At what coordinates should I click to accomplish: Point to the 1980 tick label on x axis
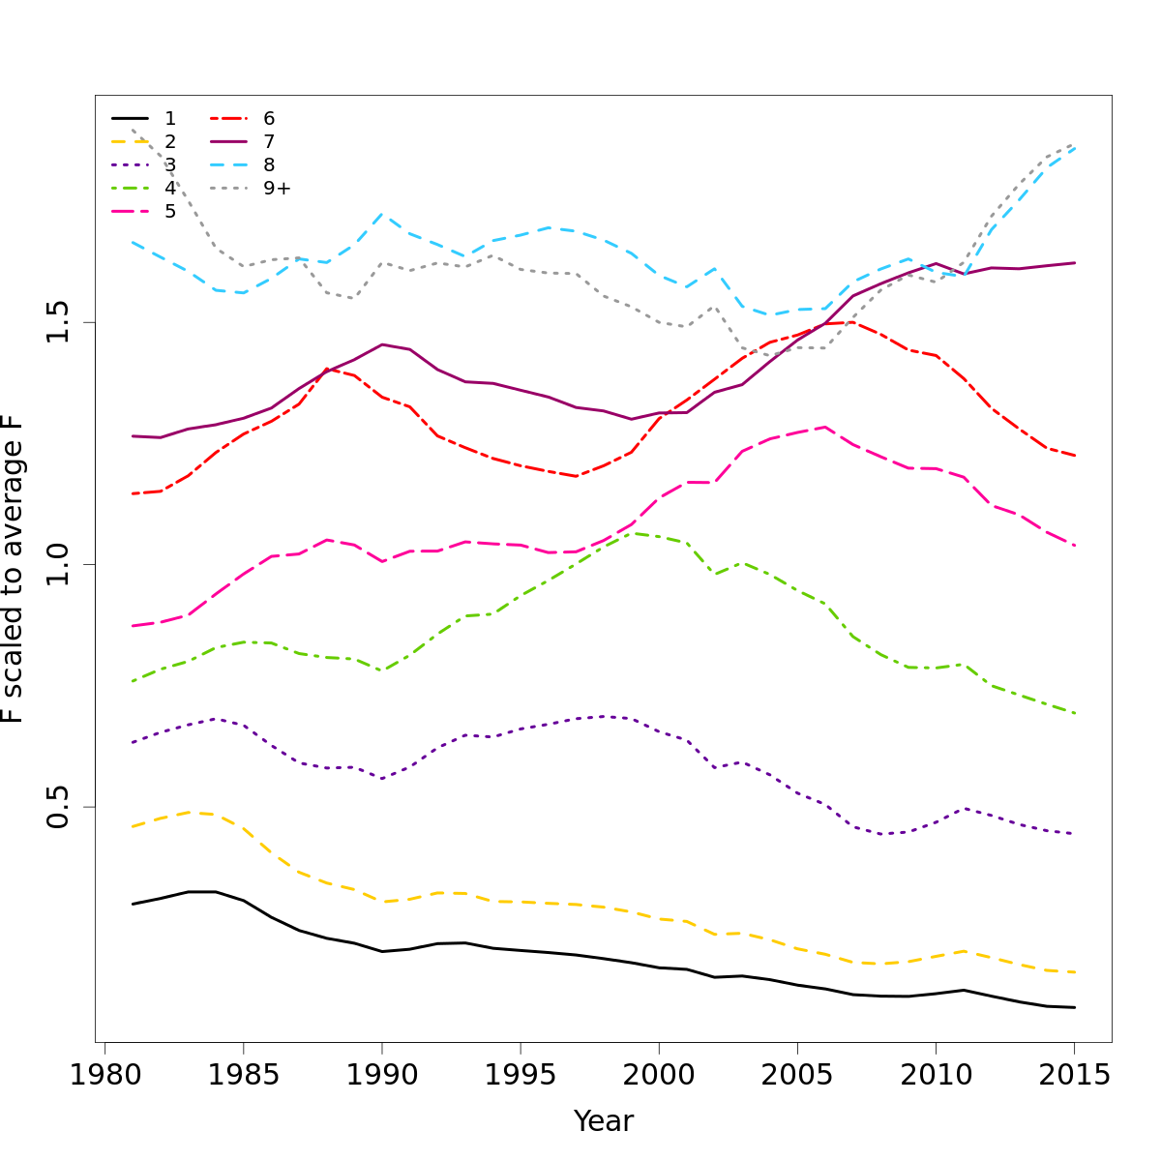click(x=104, y=1075)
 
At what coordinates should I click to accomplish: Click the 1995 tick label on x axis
click(x=521, y=1075)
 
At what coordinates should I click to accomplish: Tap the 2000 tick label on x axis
click(x=659, y=1075)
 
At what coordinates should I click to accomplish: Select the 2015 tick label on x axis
click(x=1074, y=1075)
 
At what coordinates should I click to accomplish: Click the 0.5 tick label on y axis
click(x=59, y=807)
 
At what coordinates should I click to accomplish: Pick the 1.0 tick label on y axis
click(x=59, y=565)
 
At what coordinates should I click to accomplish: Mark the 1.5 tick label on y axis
click(x=59, y=322)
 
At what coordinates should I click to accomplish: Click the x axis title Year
click(x=604, y=1121)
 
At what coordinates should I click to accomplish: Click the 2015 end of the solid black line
click(x=1075, y=1007)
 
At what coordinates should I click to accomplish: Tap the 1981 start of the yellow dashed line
click(x=133, y=826)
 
